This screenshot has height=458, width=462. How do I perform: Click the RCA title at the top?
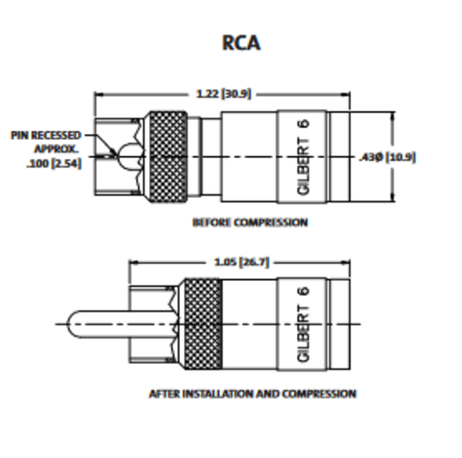click(x=241, y=43)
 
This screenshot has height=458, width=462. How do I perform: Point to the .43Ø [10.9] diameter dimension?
click(x=386, y=157)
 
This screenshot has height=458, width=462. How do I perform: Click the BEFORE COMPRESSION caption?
click(x=250, y=222)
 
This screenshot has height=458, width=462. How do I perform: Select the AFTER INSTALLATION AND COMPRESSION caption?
click(x=252, y=393)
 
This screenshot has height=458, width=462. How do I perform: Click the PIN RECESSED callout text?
click(x=45, y=135)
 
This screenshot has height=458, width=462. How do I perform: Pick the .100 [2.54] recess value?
click(x=57, y=163)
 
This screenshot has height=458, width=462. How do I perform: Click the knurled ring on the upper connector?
click(x=168, y=157)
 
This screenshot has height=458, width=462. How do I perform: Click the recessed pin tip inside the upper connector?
click(x=128, y=157)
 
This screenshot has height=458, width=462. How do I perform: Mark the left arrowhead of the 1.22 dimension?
click(x=98, y=93)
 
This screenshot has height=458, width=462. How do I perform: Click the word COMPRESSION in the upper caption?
click(x=270, y=222)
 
